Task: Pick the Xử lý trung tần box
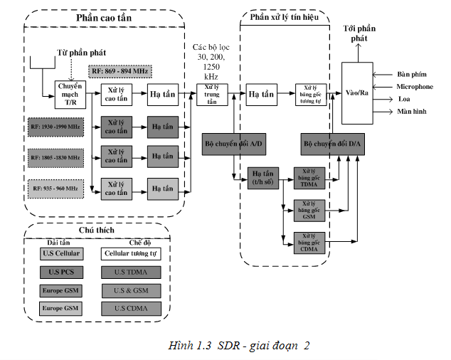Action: (210, 92)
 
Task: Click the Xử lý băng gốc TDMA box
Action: (309, 179)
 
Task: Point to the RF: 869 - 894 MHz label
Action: (120, 71)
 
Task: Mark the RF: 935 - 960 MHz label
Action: (55, 188)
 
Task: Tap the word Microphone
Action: (415, 87)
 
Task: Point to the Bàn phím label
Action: (410, 74)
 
